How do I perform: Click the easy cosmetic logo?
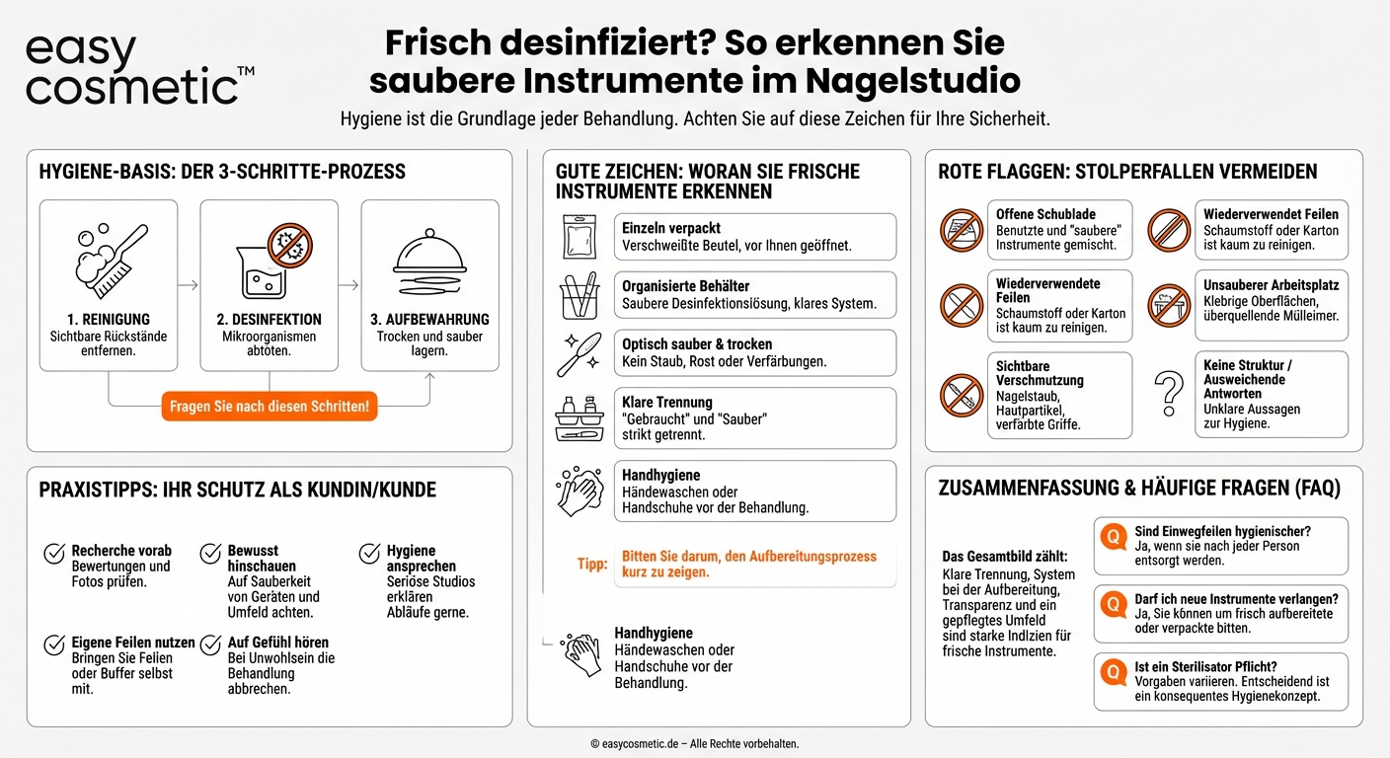click(x=133, y=69)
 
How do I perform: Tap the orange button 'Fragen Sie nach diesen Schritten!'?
click(x=270, y=407)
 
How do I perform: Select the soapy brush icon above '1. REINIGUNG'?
click(x=110, y=260)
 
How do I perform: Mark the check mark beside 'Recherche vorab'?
click(x=54, y=554)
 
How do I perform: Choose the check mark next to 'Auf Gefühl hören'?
click(x=210, y=644)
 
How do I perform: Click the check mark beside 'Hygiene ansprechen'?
click(x=369, y=554)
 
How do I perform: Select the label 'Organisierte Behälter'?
click(x=685, y=286)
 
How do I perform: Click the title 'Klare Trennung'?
click(x=667, y=403)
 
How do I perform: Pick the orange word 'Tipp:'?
click(x=592, y=565)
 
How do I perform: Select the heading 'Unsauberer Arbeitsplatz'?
click(x=1271, y=285)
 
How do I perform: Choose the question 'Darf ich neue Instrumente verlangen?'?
click(x=1236, y=598)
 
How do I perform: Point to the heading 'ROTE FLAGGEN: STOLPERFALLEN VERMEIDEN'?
click(x=1127, y=172)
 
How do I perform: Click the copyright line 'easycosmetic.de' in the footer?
click(x=694, y=743)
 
